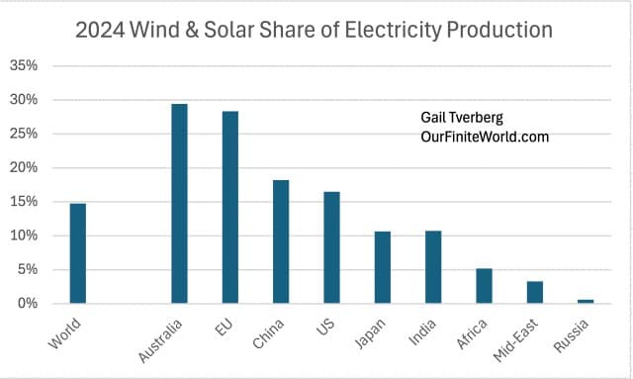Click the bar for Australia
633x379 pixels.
click(x=179, y=204)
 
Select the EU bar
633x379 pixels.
click(x=229, y=207)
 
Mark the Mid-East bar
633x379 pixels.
click(x=534, y=292)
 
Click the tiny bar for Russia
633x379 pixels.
click(x=586, y=301)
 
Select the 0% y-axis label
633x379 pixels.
click(x=27, y=304)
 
